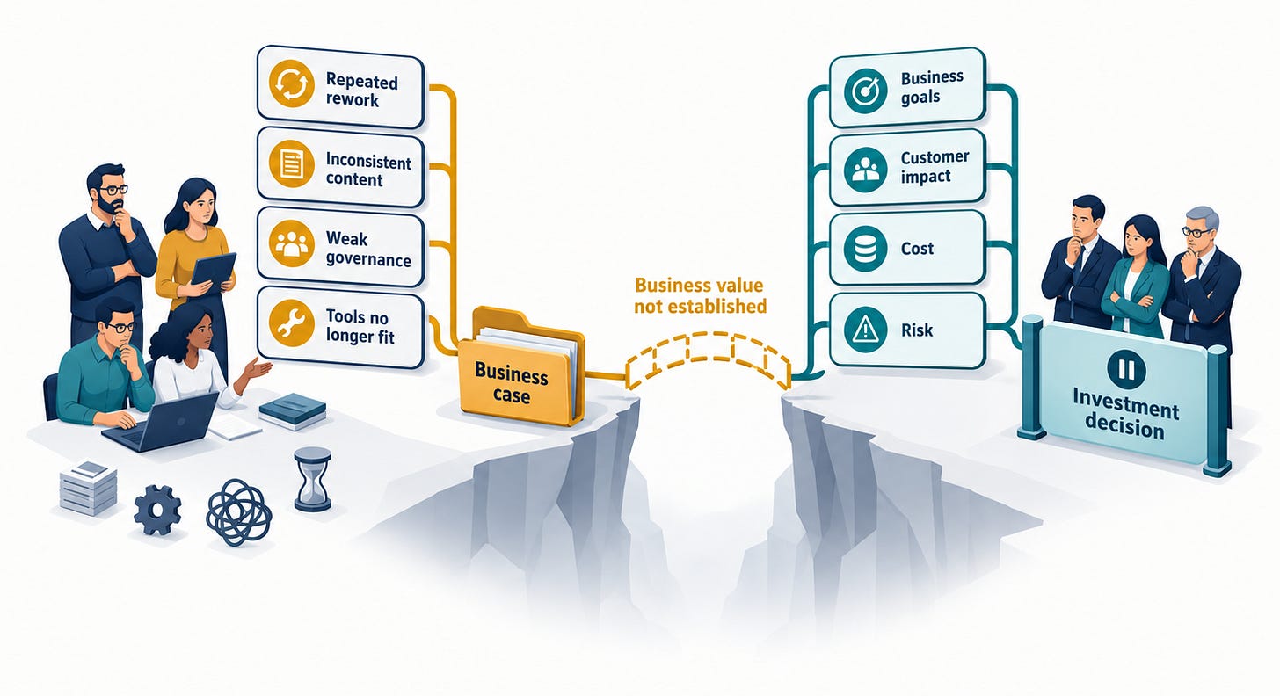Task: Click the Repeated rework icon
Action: (292, 83)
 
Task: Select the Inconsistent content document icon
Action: (292, 164)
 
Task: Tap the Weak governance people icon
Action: (292, 244)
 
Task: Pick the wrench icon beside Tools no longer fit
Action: (292, 323)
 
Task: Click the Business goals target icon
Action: (866, 91)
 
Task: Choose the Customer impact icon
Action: (866, 170)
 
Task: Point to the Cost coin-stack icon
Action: (866, 249)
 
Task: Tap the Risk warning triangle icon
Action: (866, 330)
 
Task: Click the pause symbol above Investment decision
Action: (1126, 369)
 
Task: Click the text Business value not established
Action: (700, 296)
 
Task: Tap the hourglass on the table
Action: (313, 479)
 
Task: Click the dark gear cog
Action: (157, 510)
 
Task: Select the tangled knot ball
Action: (239, 512)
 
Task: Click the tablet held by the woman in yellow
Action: (213, 269)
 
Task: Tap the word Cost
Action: (917, 249)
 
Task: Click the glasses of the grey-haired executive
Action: (1196, 232)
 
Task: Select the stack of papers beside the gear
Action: (88, 489)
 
